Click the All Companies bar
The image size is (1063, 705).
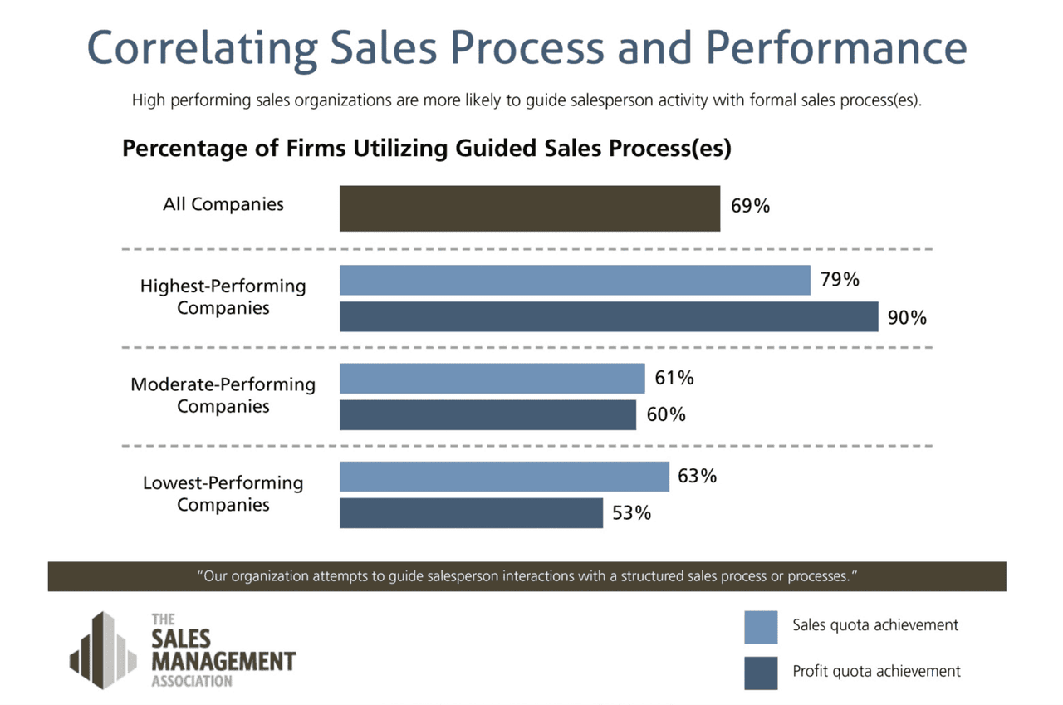click(530, 208)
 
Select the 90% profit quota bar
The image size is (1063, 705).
click(609, 316)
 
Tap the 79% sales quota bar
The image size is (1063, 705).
click(575, 280)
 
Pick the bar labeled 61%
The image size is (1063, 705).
click(492, 379)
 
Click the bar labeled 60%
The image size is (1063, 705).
click(487, 414)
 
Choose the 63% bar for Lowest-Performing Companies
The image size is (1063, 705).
click(504, 477)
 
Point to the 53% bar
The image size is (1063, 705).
click(471, 513)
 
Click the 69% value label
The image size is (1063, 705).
click(750, 207)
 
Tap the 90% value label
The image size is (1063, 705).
click(907, 317)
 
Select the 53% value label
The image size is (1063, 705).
click(631, 513)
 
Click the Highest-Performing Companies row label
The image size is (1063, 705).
click(223, 296)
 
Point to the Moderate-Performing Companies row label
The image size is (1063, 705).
click(223, 395)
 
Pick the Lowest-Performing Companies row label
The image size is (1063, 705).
click(223, 493)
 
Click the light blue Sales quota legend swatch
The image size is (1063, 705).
click(761, 628)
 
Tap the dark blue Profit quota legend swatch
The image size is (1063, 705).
click(761, 673)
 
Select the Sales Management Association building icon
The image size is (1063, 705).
click(102, 649)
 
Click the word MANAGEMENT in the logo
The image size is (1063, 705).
click(223, 662)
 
